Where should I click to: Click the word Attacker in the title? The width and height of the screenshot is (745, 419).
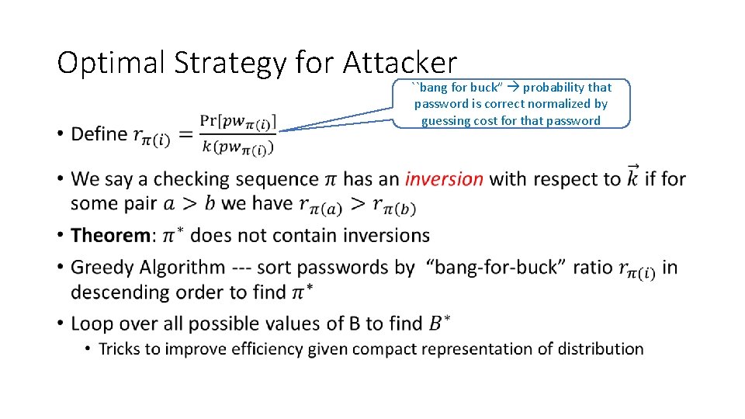pyautogui.click(x=400, y=62)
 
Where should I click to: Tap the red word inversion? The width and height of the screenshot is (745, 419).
pyautogui.click(x=444, y=179)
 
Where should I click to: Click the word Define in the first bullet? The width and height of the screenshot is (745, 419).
pyautogui.click(x=99, y=134)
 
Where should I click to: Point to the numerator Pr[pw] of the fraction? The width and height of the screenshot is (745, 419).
pyautogui.click(x=237, y=123)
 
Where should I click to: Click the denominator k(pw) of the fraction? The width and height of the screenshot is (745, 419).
pyautogui.click(x=237, y=146)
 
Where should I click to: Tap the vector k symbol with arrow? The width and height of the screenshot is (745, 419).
pyautogui.click(x=632, y=176)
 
